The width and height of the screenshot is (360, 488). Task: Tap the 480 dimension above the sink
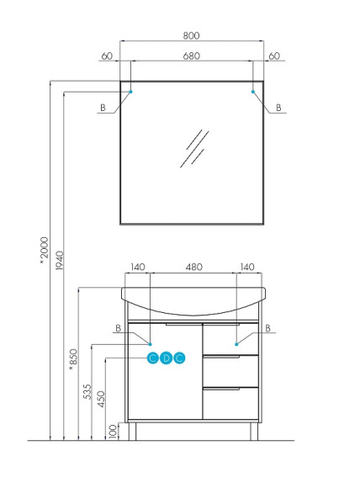[193, 267]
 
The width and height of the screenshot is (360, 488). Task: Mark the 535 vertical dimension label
[87, 393]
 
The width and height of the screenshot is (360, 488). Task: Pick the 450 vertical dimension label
[101, 398]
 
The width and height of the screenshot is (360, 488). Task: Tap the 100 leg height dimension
[114, 430]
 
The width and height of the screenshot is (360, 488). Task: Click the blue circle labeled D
[166, 358]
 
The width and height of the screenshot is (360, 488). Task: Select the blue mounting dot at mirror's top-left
[131, 89]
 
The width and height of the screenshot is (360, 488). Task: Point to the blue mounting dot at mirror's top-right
[252, 89]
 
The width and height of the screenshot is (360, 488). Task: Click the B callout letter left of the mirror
[103, 109]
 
